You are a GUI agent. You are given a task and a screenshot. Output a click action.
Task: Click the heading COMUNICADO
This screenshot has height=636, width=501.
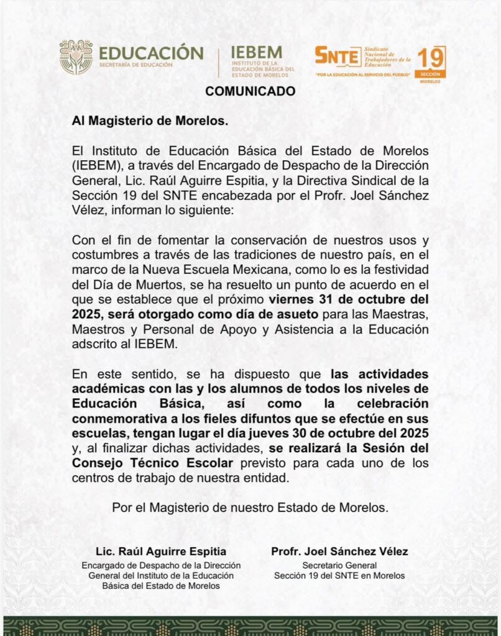point(251,91)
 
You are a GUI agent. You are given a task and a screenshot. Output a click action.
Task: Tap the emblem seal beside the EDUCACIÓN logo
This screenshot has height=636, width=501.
point(76,57)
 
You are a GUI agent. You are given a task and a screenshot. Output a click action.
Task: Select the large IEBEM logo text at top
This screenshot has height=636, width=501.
point(256,53)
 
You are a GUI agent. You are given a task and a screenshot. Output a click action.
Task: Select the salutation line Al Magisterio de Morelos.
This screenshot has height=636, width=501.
point(150,121)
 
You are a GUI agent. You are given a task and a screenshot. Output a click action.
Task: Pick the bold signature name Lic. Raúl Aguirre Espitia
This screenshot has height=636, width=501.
point(161,552)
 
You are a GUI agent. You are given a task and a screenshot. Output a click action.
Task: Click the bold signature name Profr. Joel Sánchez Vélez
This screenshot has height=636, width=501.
point(339,552)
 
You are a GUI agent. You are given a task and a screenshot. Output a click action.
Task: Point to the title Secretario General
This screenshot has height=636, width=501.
point(339,565)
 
